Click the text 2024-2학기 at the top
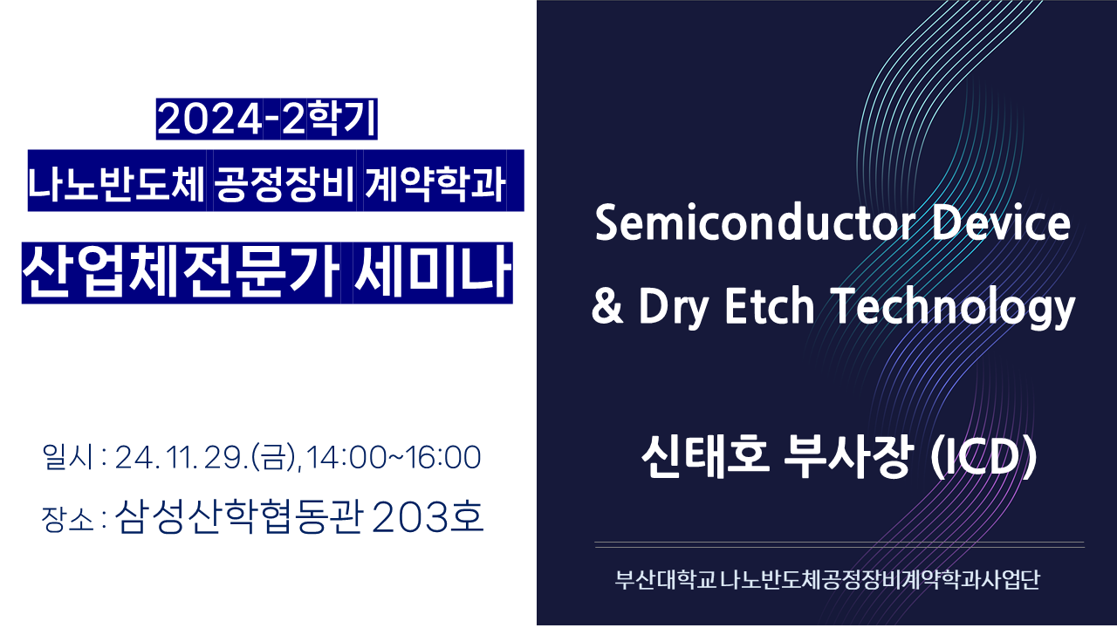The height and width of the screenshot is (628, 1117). (267, 119)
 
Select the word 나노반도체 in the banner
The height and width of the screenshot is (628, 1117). (116, 183)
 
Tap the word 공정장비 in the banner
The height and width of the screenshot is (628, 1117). (284, 183)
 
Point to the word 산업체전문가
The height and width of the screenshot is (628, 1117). (181, 272)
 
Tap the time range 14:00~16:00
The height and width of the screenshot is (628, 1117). (394, 458)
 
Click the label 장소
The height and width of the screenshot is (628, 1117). (68, 519)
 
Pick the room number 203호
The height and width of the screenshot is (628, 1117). (428, 517)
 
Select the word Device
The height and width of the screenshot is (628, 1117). (1001, 222)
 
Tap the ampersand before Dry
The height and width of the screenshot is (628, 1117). (607, 305)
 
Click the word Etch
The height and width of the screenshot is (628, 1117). (770, 305)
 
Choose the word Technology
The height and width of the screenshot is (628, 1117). (953, 308)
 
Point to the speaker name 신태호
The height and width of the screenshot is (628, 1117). (705, 456)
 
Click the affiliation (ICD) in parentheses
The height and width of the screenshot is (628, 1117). (983, 457)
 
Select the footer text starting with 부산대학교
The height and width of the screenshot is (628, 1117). (827, 580)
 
